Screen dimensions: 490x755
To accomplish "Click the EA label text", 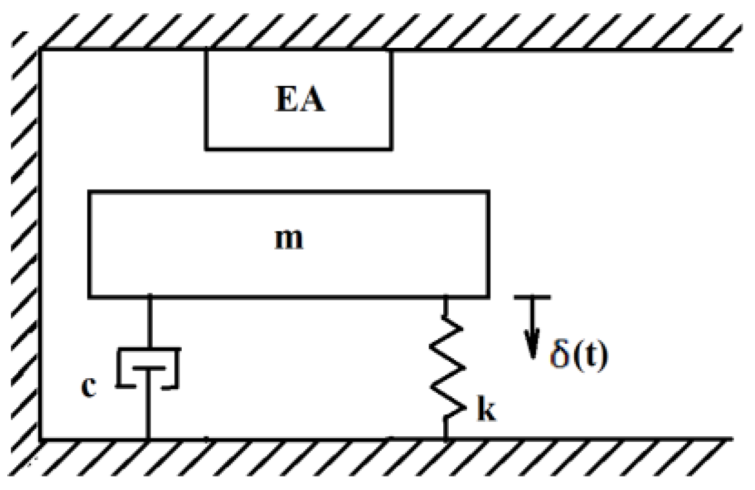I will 300,101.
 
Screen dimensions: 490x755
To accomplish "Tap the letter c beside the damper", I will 89,388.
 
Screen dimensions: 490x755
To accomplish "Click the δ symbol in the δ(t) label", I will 559,356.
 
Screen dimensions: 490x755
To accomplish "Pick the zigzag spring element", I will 447,369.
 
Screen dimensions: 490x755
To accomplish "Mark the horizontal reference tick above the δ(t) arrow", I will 532,297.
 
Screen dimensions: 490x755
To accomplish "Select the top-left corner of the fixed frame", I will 40,50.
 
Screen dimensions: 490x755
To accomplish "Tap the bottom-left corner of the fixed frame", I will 40,439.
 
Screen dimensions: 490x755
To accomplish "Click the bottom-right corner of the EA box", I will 391,148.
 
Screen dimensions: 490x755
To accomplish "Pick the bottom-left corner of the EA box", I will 207,148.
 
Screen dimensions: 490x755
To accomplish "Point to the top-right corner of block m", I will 488,192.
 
